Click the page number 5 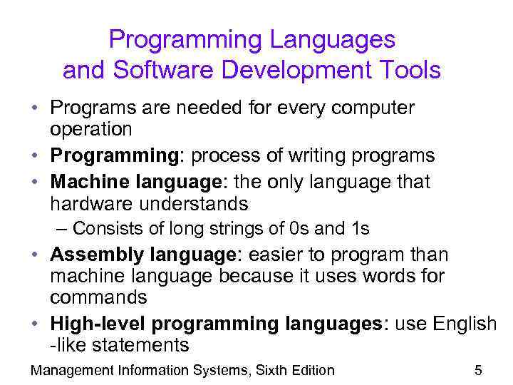478,370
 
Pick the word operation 90,129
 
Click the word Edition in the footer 309,370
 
